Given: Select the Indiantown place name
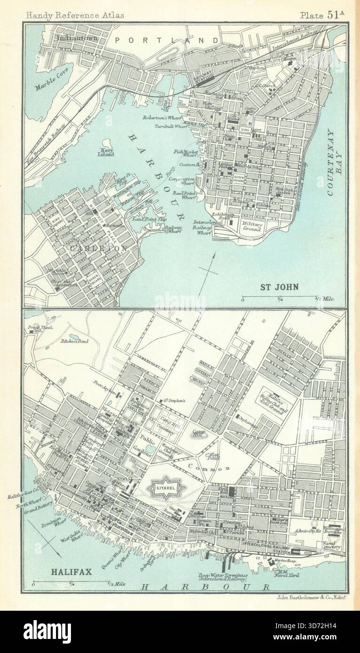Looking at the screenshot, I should click(x=77, y=38).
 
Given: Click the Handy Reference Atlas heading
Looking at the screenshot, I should click(x=75, y=15).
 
